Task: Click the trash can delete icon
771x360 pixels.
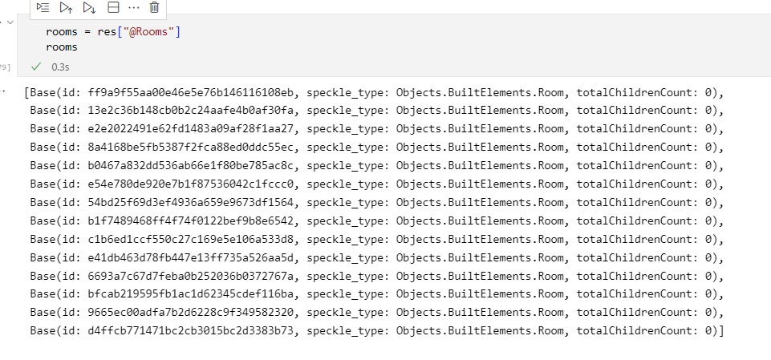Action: [x=154, y=7]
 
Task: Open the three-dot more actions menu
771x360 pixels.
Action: [x=133, y=7]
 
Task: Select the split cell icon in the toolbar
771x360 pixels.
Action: [x=112, y=7]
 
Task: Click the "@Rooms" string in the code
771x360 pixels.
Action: [x=153, y=32]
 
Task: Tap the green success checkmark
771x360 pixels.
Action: [x=35, y=67]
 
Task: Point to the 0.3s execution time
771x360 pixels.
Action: [x=60, y=68]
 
